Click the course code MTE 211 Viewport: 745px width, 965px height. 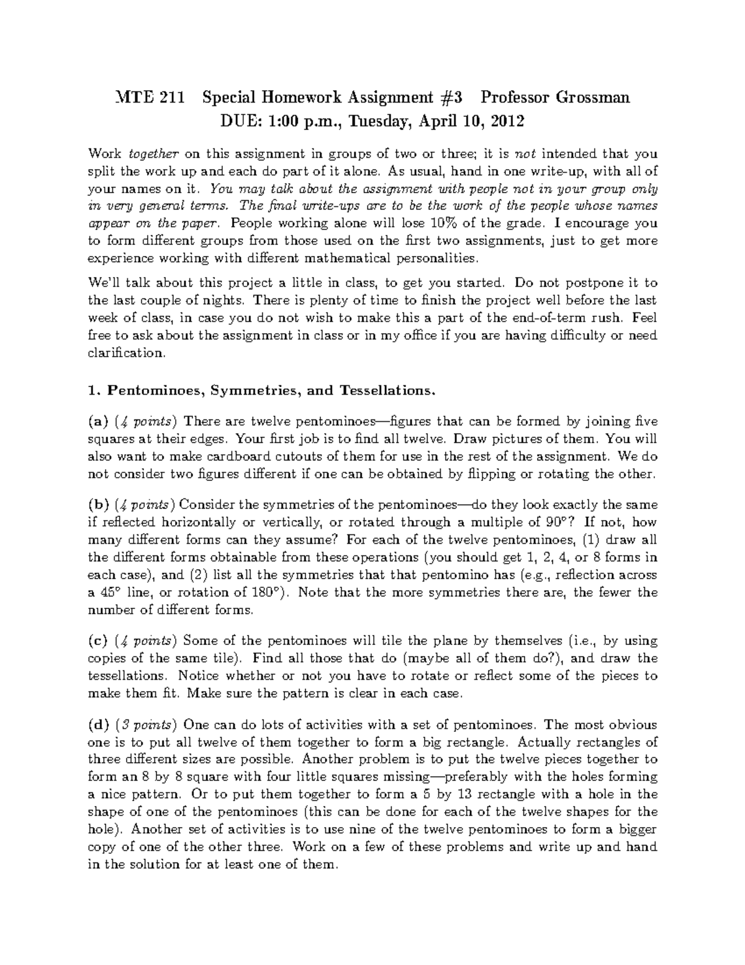[x=151, y=98]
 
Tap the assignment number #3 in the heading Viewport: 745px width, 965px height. [x=450, y=98]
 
